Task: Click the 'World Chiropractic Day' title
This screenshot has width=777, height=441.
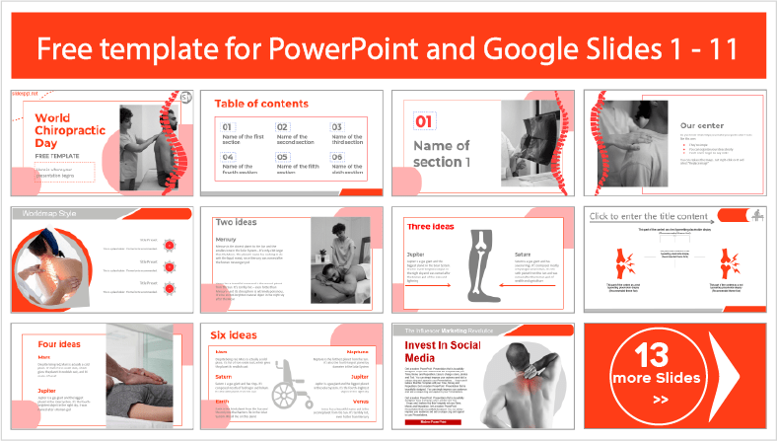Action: click(x=64, y=129)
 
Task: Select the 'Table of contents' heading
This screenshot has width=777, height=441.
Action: click(x=261, y=104)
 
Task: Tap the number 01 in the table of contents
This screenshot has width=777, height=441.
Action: click(x=228, y=127)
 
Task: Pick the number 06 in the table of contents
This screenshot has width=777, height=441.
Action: click(x=336, y=156)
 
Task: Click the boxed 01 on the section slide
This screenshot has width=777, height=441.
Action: click(x=424, y=122)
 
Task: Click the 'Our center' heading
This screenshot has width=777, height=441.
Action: click(x=702, y=125)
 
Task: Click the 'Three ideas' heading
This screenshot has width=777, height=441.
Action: click(x=432, y=227)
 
